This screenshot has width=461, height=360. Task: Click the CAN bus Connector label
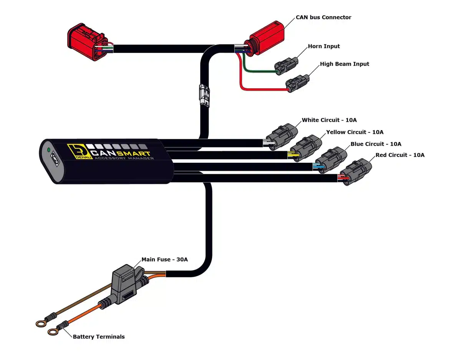pos(323,17)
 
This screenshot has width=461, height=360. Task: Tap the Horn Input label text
pos(324,46)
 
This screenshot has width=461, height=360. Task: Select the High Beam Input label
pos(344,64)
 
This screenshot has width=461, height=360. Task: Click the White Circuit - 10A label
pos(329,120)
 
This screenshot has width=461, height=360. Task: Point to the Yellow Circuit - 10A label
pos(355,132)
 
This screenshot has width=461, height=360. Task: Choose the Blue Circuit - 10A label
pos(376,144)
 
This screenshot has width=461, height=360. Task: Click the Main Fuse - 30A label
pos(164,259)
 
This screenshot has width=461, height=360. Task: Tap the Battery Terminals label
pos(99,337)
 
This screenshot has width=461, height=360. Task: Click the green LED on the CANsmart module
pos(49,150)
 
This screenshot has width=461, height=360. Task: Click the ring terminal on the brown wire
pos(40,324)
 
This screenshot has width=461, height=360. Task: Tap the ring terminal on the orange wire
pos(53,331)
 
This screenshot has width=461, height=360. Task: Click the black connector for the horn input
pos(286,65)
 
